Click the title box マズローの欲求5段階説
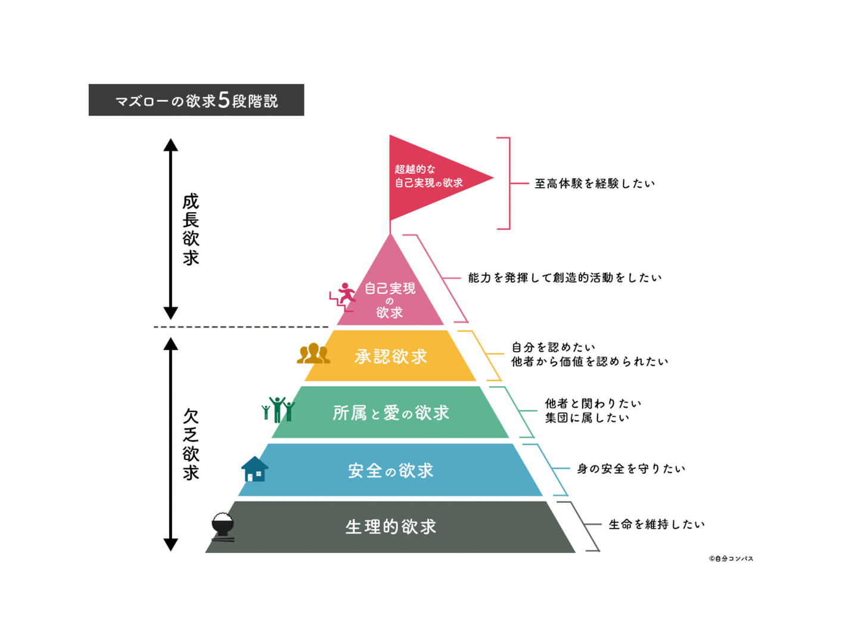coord(196,100)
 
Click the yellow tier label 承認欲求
coord(390,356)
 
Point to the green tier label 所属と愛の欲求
coord(390,413)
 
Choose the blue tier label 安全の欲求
coord(390,470)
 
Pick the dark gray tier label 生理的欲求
coord(390,527)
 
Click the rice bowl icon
coord(223,527)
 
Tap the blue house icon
coord(255,468)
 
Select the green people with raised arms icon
coord(278,409)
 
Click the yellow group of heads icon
coord(313,353)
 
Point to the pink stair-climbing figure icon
coord(343,297)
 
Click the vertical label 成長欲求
coord(191,229)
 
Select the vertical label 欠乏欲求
coord(191,445)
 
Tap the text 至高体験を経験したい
coord(595,184)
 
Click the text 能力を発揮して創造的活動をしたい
coord(565,278)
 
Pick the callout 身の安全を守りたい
coord(631,468)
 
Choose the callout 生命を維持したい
coord(657,524)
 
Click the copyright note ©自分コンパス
coord(731,558)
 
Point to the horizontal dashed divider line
coord(241,327)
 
